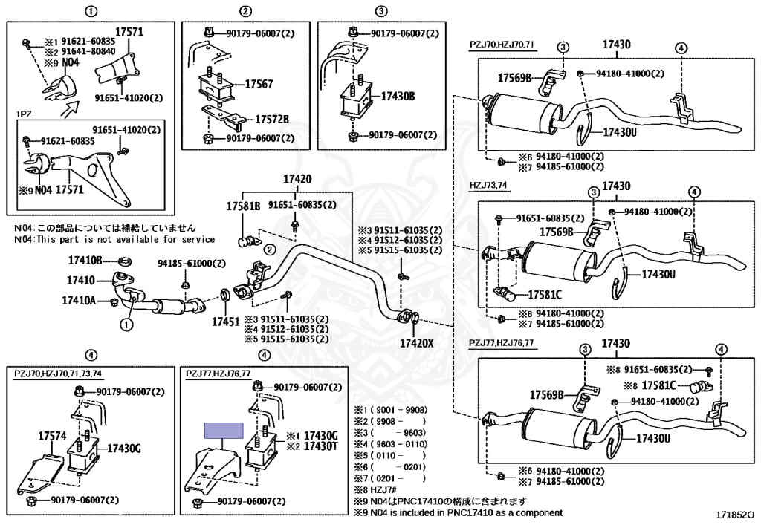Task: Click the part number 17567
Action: coord(253,85)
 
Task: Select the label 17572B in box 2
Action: coord(272,119)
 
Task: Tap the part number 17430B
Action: coord(398,97)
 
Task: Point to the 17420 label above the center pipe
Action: coord(297,179)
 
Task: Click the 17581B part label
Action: coord(243,206)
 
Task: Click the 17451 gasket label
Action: coord(226,322)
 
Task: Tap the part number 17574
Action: coord(53,437)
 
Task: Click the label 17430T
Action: coord(322,446)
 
